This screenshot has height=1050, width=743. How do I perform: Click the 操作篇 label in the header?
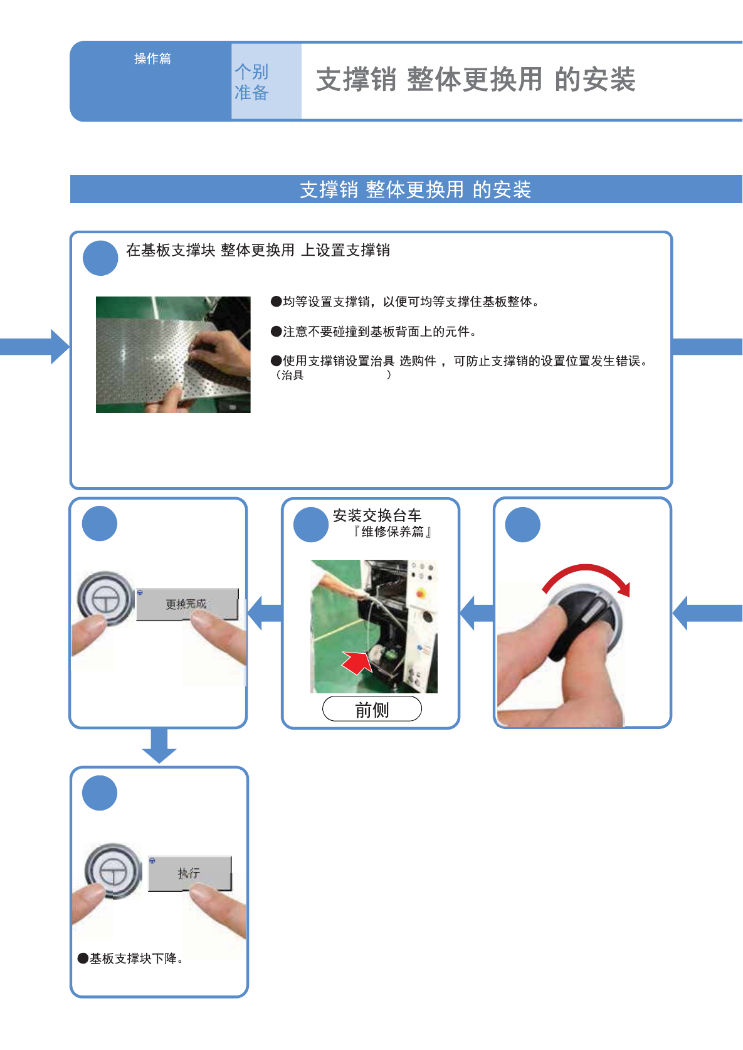coord(152,58)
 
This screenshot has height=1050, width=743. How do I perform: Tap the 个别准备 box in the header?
coord(266,81)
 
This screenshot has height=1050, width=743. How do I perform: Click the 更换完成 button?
coord(187,604)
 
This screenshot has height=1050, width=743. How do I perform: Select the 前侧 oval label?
coord(372,709)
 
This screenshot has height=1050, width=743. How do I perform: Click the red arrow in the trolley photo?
coord(357,662)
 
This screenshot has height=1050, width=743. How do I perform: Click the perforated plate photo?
coord(173,354)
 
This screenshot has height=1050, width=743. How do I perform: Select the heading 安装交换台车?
coord(377,515)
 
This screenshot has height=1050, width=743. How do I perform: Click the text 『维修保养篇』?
coord(392,532)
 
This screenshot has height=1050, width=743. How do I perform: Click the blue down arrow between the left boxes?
coord(159,745)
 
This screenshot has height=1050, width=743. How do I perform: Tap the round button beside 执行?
coord(113,871)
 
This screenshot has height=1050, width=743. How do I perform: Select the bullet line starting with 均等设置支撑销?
coord(405,302)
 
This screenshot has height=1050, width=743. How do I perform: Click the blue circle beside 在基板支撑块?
coord(100,258)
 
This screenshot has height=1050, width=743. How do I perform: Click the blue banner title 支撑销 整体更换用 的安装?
coord(415,189)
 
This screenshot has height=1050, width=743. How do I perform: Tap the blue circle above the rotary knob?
coord(522,525)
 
